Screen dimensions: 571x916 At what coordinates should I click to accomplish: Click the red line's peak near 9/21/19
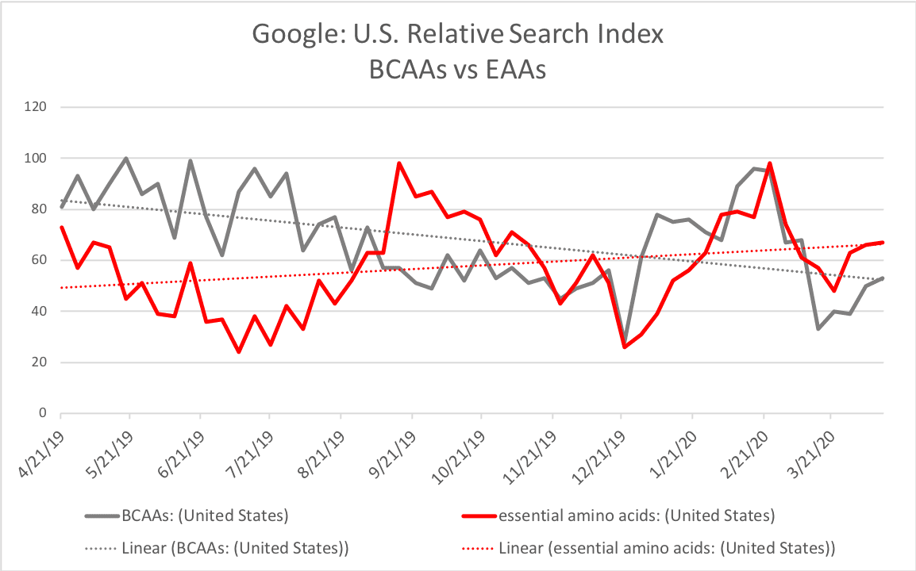point(399,163)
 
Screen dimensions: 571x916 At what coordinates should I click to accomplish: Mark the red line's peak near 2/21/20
point(770,163)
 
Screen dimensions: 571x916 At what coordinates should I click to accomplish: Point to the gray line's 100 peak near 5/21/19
point(126,159)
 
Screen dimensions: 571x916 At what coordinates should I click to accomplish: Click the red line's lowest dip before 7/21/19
point(238,351)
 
